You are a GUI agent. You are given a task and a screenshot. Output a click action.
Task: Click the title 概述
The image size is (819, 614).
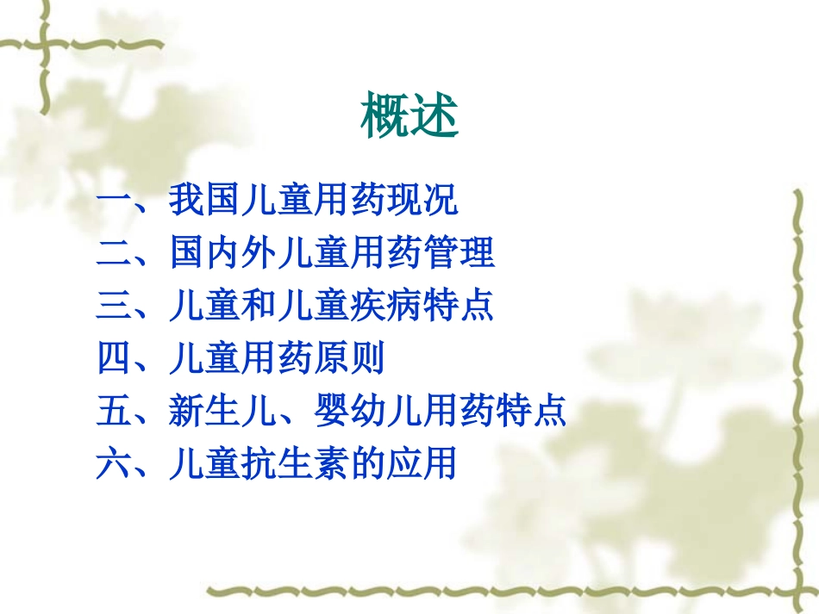click(x=409, y=117)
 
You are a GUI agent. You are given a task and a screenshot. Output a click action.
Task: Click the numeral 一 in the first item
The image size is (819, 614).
click(x=114, y=202)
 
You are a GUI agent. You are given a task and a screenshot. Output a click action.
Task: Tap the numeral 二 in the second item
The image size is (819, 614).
click(x=114, y=254)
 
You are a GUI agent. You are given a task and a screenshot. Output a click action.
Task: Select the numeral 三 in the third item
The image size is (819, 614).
click(x=114, y=307)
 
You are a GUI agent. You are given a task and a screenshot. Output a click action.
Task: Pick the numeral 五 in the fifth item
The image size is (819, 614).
click(x=114, y=412)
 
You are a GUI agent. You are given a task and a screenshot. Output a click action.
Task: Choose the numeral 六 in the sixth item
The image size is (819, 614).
click(x=114, y=464)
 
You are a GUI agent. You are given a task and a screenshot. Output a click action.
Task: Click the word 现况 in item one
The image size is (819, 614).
click(x=422, y=202)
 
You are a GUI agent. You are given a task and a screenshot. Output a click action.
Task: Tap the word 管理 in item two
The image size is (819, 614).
click(x=459, y=254)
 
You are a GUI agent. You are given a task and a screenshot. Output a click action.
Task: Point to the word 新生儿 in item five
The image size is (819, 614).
click(x=222, y=412)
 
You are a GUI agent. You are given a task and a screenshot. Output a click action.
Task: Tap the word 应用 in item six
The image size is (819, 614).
click(x=422, y=464)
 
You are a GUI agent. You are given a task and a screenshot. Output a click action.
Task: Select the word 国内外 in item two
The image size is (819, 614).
click(x=222, y=254)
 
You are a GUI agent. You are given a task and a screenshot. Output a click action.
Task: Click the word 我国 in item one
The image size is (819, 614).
click(x=204, y=202)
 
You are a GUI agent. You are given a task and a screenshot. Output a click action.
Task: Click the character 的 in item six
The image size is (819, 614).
click(x=368, y=464)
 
